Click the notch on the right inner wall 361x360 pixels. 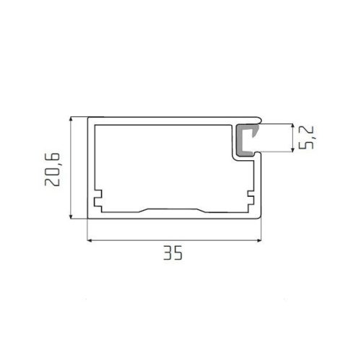(249, 196)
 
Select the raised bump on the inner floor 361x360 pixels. (173, 209)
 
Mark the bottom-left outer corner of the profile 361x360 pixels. (88, 219)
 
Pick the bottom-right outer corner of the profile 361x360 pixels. (258, 219)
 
